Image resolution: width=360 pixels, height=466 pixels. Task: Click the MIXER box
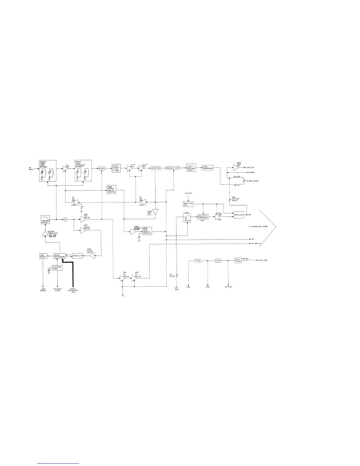coord(101,168)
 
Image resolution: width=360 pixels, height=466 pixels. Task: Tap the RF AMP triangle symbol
coord(65,168)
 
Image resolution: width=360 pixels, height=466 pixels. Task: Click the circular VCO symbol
coord(65,219)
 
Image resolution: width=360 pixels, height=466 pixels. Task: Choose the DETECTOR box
coord(156,168)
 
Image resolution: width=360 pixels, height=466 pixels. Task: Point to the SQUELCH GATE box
coord(173,168)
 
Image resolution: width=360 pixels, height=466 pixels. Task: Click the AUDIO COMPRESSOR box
coord(208,168)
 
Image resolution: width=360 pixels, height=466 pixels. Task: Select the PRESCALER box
coord(77,256)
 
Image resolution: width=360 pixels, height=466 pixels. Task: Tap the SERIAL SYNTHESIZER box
coord(59,256)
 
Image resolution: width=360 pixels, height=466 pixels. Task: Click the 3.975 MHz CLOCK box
coord(57,268)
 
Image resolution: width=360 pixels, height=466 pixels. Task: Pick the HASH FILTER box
coord(238,260)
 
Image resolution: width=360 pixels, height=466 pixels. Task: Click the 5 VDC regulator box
coord(198,261)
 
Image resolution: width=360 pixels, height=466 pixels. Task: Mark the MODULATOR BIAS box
coord(188,204)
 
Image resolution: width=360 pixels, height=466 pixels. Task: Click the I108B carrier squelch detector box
coord(111,190)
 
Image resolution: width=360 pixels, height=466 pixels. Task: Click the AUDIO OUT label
coord(251,167)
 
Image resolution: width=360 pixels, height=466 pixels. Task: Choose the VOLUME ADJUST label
coord(252,181)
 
